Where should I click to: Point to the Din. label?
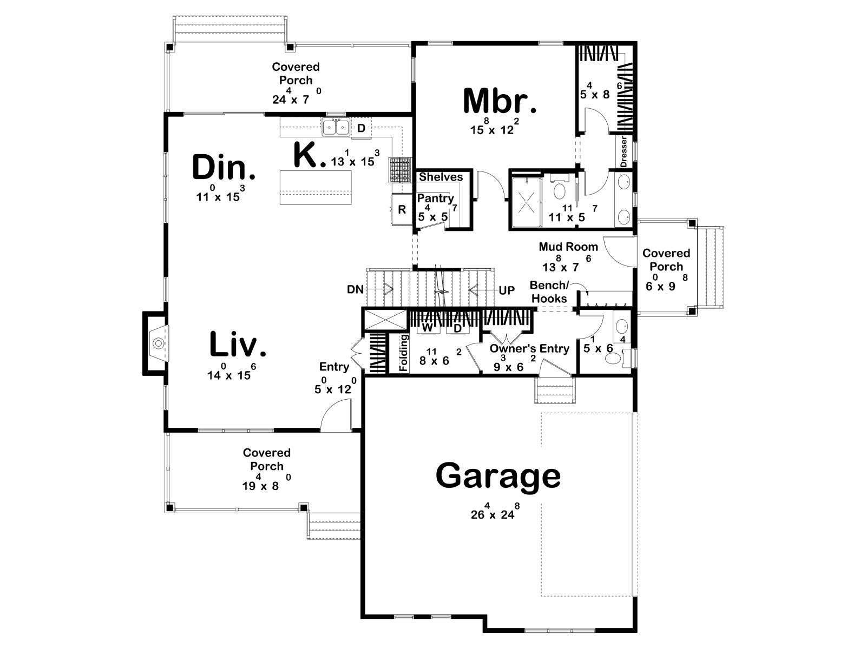click(x=224, y=167)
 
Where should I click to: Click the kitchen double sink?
click(x=336, y=127)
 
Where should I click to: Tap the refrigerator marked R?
click(x=402, y=209)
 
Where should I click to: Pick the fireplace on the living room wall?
click(x=154, y=343)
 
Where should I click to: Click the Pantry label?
click(x=436, y=198)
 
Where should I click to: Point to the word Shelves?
click(x=441, y=177)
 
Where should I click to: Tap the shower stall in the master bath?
click(x=527, y=202)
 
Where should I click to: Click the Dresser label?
click(x=624, y=152)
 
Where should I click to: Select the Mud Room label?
click(x=568, y=247)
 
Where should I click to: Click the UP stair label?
click(x=507, y=290)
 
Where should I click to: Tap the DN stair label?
click(x=355, y=290)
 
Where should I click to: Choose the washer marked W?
click(x=427, y=328)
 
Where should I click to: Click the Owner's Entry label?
click(x=529, y=348)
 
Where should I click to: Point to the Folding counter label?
click(x=403, y=353)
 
